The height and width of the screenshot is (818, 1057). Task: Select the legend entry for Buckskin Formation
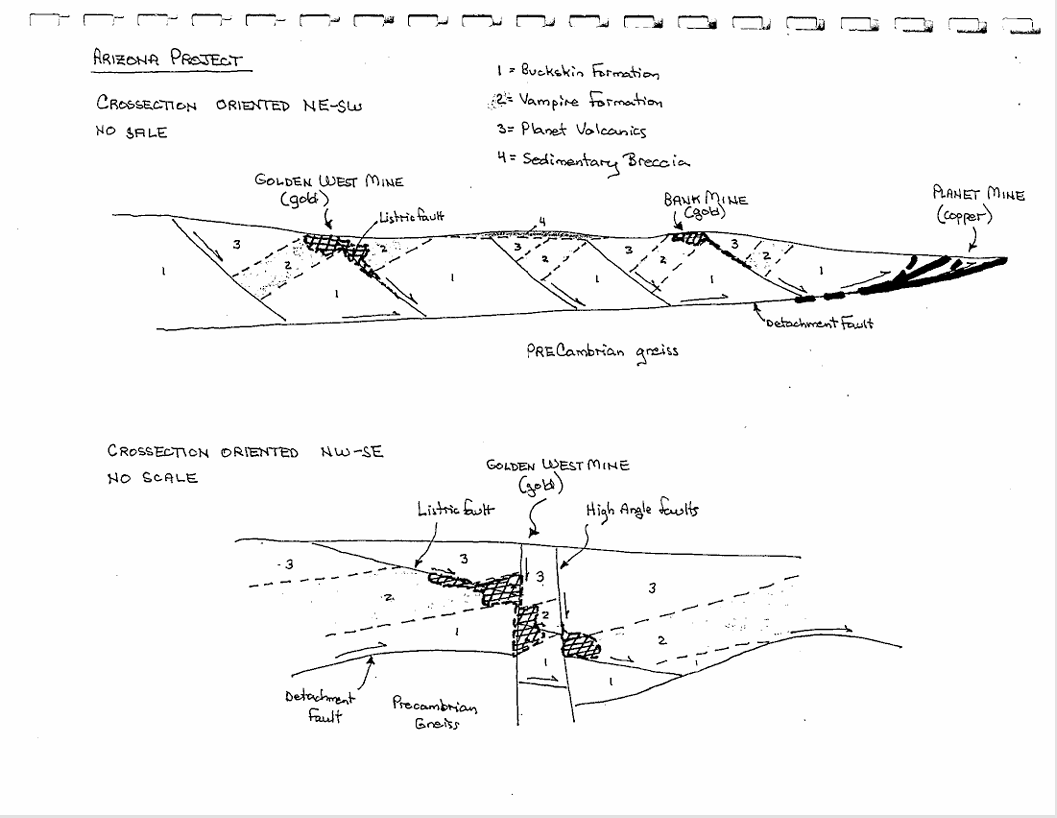[x=577, y=72]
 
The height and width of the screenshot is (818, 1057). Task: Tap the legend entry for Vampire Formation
[x=577, y=101]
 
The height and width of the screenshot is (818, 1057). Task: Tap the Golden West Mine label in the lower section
[x=557, y=473]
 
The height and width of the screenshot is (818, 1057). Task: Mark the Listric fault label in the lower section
[x=456, y=510]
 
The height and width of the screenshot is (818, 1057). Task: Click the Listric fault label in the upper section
[x=405, y=218]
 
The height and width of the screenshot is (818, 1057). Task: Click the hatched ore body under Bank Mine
[x=689, y=237]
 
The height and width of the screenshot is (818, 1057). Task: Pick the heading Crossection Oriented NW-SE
[x=245, y=452]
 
